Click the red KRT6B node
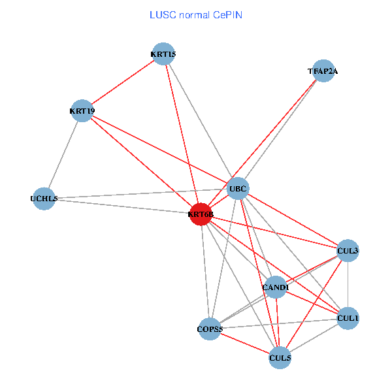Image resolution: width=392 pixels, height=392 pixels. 201,214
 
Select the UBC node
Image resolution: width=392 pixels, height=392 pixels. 238,189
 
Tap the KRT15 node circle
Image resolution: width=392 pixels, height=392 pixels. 163,54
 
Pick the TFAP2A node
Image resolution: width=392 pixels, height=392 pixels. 323,71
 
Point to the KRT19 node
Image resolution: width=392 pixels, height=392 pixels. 82,111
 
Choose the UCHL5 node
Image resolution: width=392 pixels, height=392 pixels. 44,199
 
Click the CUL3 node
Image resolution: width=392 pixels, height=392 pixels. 348,250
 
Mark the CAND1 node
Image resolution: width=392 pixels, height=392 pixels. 275,287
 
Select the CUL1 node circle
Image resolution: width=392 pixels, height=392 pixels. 348,318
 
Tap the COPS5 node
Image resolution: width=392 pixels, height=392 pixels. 210,329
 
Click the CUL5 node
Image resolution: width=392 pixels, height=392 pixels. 280,357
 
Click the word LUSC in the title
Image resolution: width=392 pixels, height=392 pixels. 161,14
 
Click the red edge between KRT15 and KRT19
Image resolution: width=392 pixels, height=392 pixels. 123,82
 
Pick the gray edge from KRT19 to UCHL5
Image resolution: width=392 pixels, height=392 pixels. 63,155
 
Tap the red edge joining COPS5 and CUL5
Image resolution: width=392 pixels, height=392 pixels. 245,343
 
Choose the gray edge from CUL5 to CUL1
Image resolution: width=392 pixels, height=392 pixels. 314,338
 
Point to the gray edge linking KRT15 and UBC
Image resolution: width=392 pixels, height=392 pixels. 201,121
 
